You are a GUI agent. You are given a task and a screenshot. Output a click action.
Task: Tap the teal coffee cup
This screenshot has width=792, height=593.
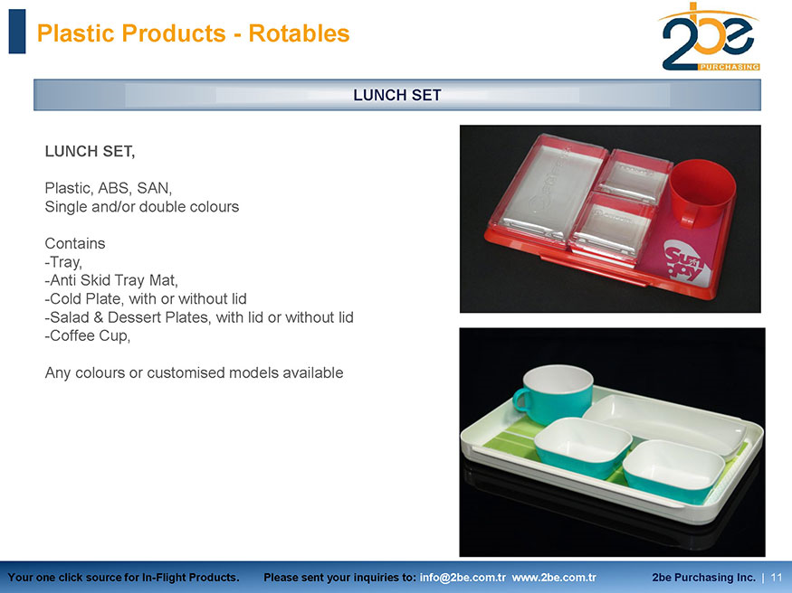coord(555,394)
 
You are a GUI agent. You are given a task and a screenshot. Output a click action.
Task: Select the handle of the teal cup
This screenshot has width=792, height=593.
coord(520,400)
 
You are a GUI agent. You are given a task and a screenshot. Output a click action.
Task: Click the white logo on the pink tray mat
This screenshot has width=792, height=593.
coord(687,263)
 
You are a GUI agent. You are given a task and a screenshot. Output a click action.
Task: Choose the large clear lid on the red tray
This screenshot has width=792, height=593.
coord(548,188)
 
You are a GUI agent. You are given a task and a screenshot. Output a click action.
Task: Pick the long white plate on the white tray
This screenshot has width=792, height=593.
coord(664,424)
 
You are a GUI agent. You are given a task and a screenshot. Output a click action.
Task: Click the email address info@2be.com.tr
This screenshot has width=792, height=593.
coord(463,578)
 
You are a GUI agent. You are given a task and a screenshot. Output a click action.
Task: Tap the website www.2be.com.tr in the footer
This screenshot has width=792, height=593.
coord(554,578)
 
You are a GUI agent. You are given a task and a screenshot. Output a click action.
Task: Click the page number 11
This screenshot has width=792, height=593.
coord(777,578)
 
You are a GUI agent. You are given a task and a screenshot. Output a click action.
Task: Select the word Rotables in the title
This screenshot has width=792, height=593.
coord(299,33)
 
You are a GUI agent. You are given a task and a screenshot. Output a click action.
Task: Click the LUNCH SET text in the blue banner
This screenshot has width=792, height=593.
coord(397,95)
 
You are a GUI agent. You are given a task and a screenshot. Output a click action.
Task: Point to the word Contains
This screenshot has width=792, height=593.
coord(75,243)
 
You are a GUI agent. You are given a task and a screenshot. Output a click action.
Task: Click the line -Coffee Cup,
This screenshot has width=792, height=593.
coord(88,336)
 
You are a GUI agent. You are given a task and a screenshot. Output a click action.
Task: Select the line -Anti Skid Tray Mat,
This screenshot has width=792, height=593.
coord(111,280)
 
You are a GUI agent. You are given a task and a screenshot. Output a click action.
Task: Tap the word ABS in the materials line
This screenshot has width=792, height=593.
coord(115,188)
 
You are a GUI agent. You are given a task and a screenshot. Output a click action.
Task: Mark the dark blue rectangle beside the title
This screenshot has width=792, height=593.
coord(17,32)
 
